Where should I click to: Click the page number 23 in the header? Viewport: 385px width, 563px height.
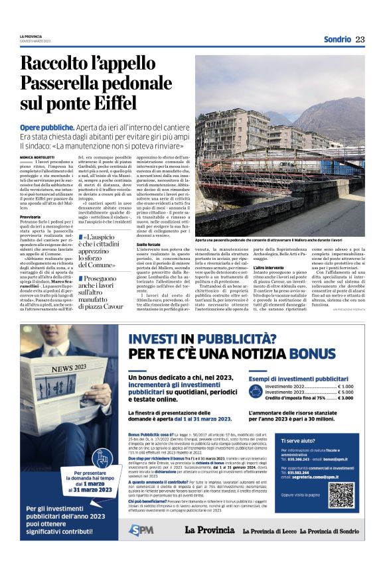pos(360,40)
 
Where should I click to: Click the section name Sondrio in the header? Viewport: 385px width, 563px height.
pos(337,40)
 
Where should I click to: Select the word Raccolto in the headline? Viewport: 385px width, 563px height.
pos(58,64)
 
